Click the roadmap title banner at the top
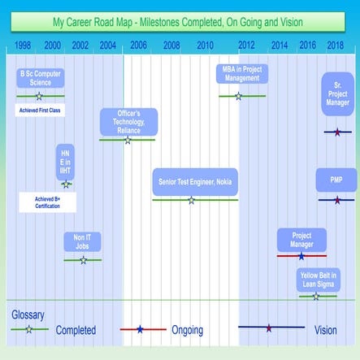tap(180, 22)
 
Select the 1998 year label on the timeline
tap(24, 45)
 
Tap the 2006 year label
tap(139, 45)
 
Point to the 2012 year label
tap(246, 45)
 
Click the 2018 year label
tap(335, 45)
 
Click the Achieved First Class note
tap(40, 109)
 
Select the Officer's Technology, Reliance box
tap(128, 121)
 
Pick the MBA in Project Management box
tap(241, 75)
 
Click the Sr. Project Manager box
tap(336, 93)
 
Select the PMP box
tap(336, 180)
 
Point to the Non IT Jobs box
tap(82, 241)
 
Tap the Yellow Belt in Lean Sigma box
tap(319, 280)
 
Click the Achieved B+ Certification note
tap(46, 202)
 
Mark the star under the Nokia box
tap(192, 200)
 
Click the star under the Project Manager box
tap(301, 256)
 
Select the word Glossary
tap(28, 314)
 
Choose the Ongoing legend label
tap(188, 331)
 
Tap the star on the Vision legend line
tap(269, 328)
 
